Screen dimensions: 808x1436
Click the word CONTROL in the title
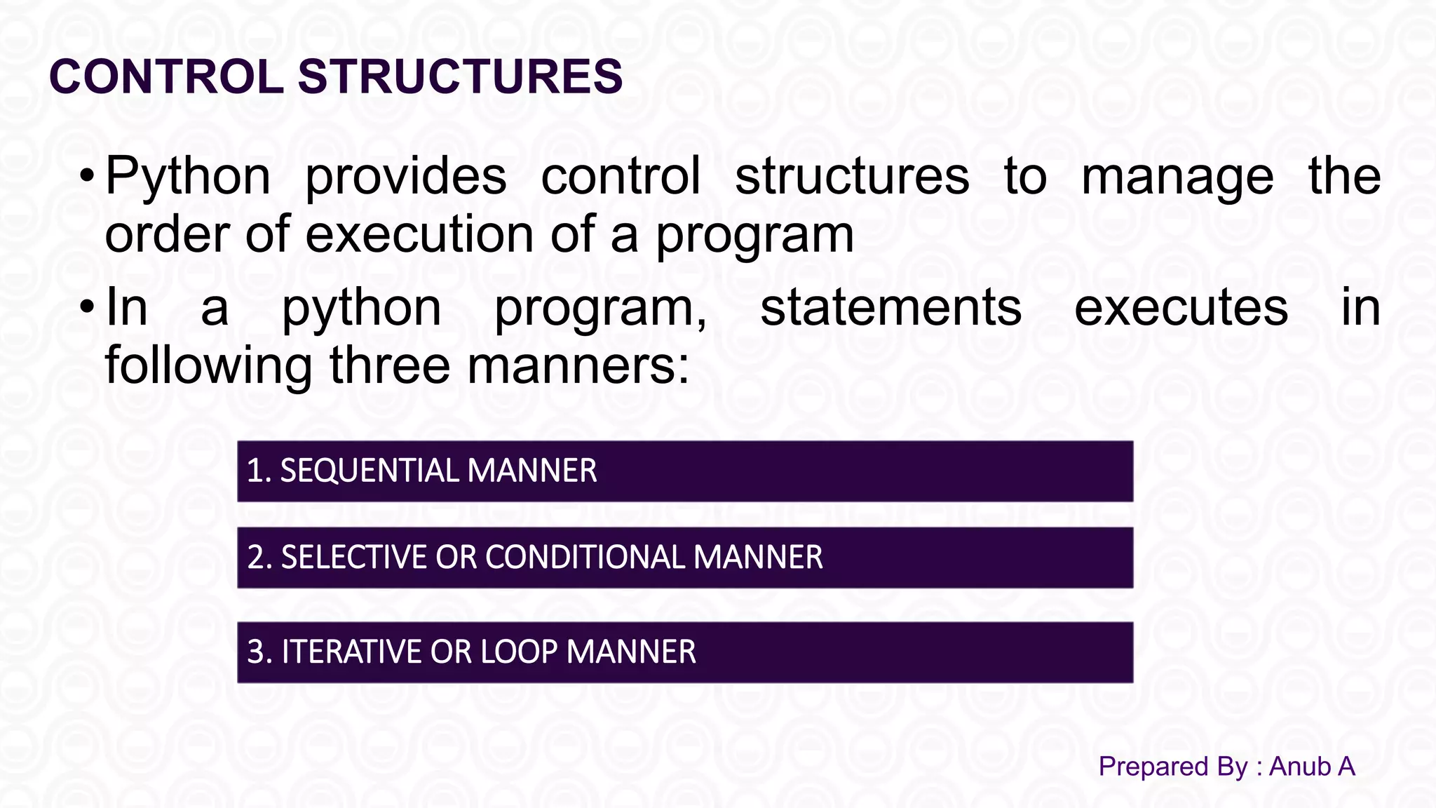[x=166, y=76]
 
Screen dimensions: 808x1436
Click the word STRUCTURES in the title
[x=460, y=76]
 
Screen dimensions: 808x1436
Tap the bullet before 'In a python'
[x=86, y=307]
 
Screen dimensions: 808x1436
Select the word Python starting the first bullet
[x=187, y=177]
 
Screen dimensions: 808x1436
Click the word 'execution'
[x=419, y=234]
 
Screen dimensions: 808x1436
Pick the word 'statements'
[x=890, y=307]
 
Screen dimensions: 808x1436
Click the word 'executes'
[x=1181, y=309]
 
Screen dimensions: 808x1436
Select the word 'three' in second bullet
[x=389, y=365]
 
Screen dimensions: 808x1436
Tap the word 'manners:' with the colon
[x=578, y=365]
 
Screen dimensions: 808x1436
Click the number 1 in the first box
[x=255, y=471]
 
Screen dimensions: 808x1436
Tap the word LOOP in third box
[x=519, y=652]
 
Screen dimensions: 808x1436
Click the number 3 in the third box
[x=256, y=652]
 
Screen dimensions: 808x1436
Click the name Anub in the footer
[x=1299, y=767]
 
